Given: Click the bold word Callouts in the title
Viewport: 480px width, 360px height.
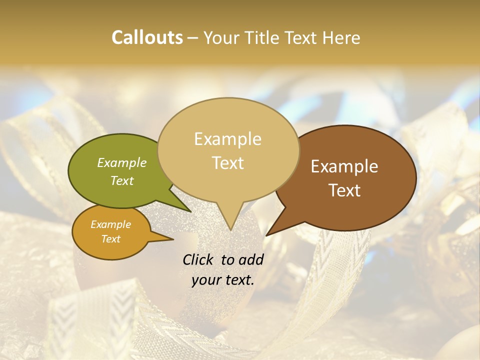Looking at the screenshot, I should click(147, 37).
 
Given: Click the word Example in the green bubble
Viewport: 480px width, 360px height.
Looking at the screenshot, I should click(122, 162).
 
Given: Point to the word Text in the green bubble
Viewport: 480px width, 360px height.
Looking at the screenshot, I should click(122, 180).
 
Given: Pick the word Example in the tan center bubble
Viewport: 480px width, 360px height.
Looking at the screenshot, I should click(227, 139).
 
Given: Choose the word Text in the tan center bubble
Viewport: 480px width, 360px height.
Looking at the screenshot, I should click(227, 163).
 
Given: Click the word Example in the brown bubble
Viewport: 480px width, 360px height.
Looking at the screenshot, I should click(344, 166).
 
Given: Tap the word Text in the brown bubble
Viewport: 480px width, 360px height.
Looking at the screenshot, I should click(344, 190).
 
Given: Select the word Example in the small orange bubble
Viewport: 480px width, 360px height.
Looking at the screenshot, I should click(110, 224).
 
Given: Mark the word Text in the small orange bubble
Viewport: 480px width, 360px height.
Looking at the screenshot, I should click(110, 239).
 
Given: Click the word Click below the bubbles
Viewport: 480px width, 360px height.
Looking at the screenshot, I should click(199, 259).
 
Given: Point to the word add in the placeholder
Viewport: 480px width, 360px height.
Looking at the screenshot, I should click(251, 259).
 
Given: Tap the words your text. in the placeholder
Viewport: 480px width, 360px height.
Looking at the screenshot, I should click(222, 280).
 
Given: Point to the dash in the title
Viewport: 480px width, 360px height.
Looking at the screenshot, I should click(193, 37).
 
